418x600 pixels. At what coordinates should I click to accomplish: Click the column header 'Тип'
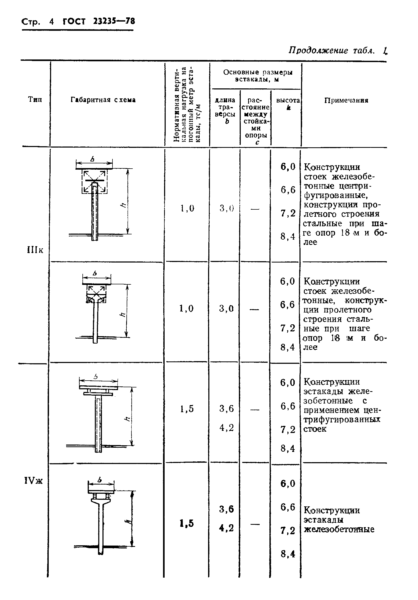pyautogui.click(x=35, y=100)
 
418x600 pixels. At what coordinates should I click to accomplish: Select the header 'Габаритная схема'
pyautogui.click(x=103, y=100)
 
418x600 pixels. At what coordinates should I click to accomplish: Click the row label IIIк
pyautogui.click(x=35, y=250)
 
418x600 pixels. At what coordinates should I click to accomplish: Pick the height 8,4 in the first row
pyautogui.click(x=288, y=237)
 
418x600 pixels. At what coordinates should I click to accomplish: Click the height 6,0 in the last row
pyautogui.click(x=288, y=483)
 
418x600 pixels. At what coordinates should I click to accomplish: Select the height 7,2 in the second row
pyautogui.click(x=288, y=328)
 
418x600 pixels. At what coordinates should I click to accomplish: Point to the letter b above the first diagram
pyautogui.click(x=92, y=159)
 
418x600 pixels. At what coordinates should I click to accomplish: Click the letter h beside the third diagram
pyautogui.click(x=127, y=419)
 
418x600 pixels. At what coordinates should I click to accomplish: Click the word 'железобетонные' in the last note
pyautogui.click(x=339, y=529)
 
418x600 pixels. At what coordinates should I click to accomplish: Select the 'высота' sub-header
pyautogui.click(x=288, y=100)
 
